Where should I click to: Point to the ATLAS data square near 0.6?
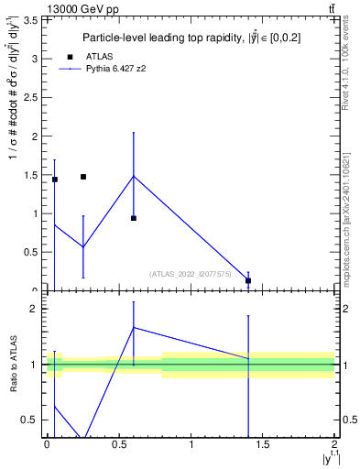pos(134,218)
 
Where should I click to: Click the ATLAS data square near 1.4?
pos(248,281)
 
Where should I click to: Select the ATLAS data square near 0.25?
pos(83,177)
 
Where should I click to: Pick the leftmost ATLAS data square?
pos(55,180)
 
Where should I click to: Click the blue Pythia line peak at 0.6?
pos(134,176)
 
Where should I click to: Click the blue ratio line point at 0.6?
pos(134,327)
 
